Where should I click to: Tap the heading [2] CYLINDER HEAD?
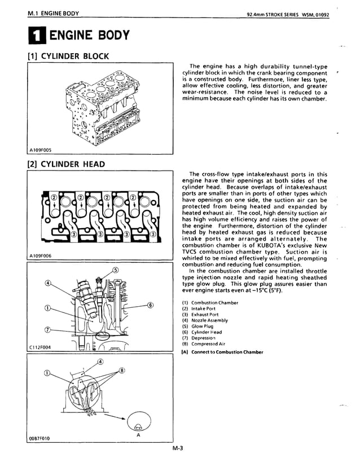tap(66, 164)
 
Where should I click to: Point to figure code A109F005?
tap(40, 150)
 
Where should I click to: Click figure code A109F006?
tap(40, 256)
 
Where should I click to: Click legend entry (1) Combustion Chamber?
tap(210, 303)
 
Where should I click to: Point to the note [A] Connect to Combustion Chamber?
tap(222, 352)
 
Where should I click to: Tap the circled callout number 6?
tap(151, 306)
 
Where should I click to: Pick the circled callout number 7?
tap(47, 330)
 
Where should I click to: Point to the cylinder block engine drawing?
tap(102, 106)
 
